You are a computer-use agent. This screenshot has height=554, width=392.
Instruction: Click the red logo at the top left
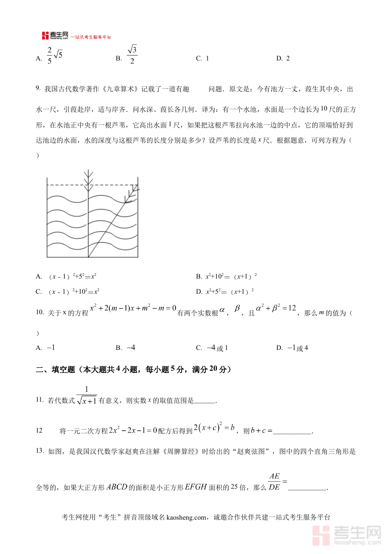point(45,36)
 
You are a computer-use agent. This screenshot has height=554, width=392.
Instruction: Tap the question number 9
point(38,89)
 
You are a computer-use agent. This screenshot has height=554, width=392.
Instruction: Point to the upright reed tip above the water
point(88,177)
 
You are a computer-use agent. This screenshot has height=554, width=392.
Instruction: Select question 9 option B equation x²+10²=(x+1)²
point(231,276)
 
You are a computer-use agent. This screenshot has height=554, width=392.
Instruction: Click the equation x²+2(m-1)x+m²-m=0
point(133,309)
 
